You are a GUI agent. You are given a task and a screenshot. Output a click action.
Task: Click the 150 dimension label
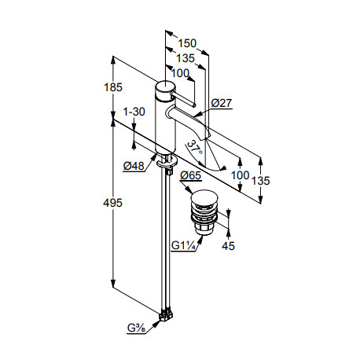click(x=187, y=43)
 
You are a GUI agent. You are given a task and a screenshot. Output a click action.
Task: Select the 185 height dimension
click(x=113, y=87)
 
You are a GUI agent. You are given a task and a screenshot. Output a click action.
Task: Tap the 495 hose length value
click(x=112, y=203)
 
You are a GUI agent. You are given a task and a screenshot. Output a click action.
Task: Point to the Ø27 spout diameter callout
click(x=222, y=103)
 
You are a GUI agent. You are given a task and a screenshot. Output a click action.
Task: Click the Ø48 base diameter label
click(x=134, y=166)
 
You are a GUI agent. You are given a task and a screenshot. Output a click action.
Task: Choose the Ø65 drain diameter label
click(x=191, y=175)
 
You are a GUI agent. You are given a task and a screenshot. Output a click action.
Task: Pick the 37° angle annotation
click(x=195, y=148)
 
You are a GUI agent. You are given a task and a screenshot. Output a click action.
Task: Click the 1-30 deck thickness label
click(x=134, y=112)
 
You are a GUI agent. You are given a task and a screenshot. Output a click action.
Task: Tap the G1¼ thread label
click(x=183, y=246)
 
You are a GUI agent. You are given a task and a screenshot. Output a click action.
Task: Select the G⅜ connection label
click(x=136, y=328)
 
